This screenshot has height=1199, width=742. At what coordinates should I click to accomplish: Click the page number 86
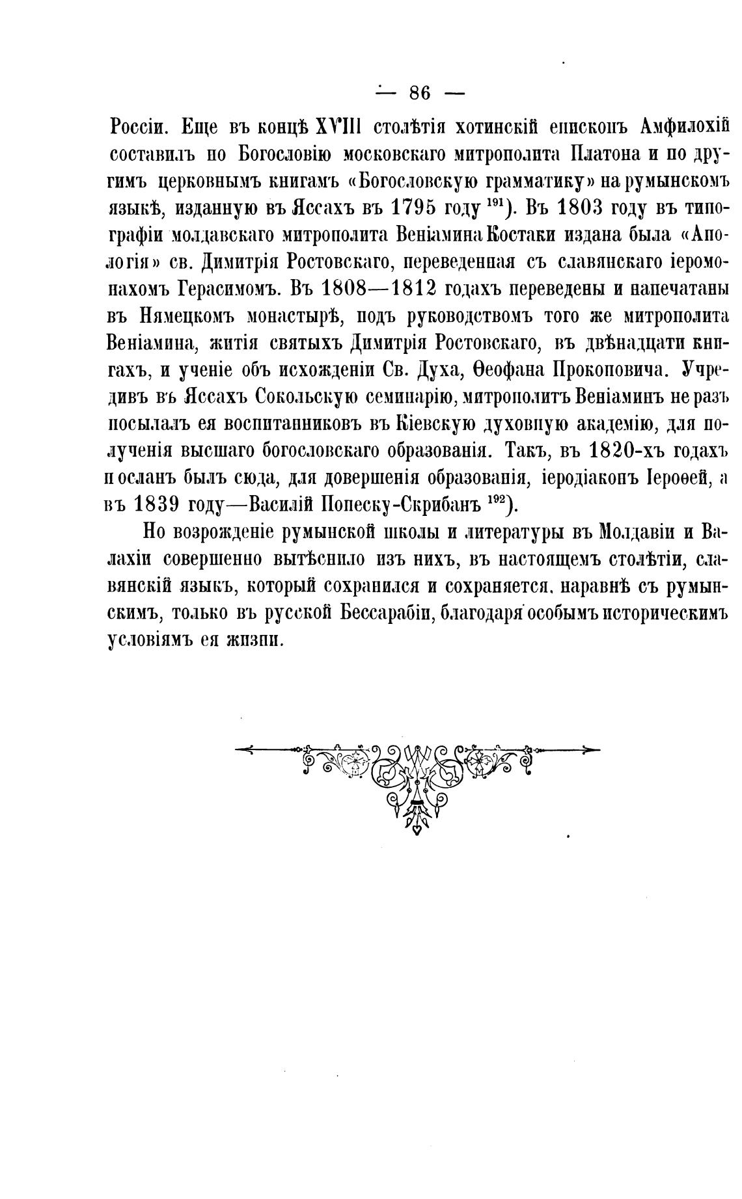[420, 92]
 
